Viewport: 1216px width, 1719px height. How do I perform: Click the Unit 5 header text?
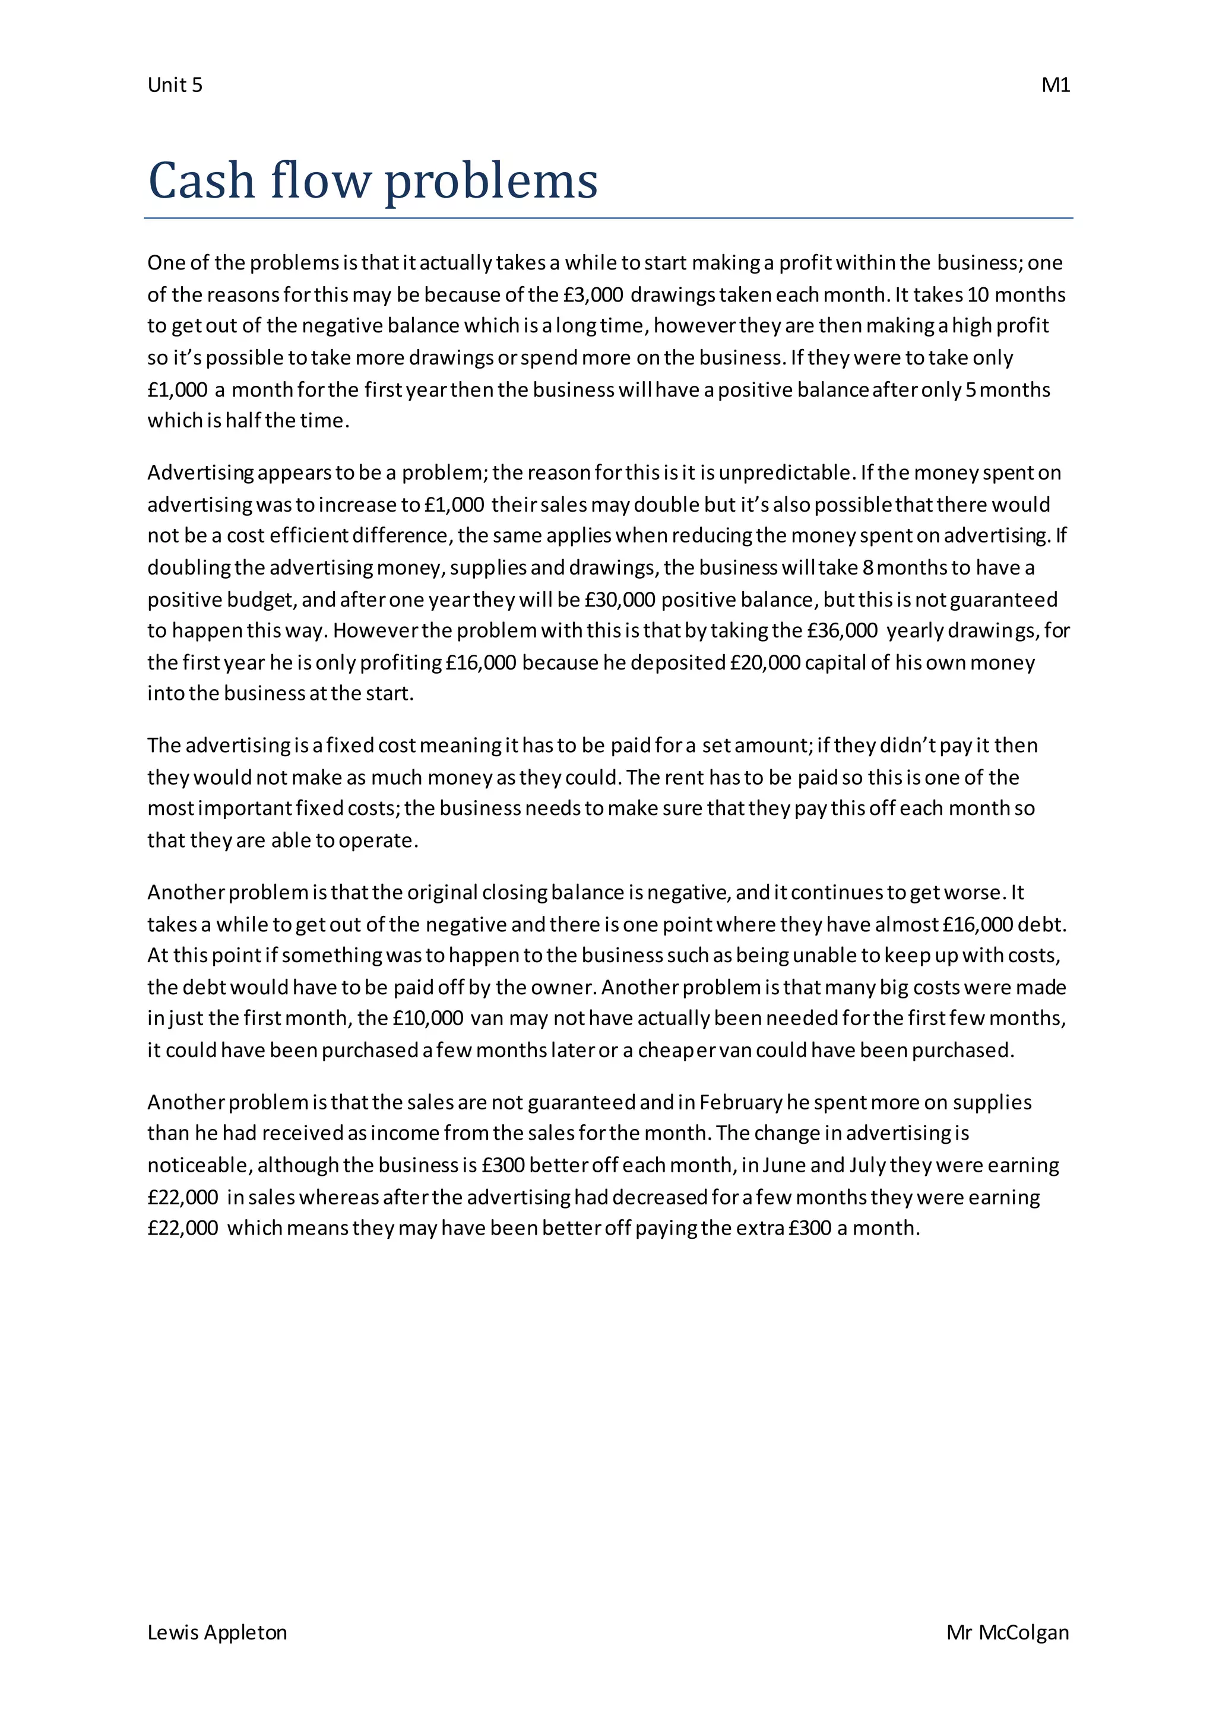[x=175, y=85]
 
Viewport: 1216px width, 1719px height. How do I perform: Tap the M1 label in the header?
[x=1055, y=85]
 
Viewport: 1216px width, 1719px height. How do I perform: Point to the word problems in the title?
[x=491, y=182]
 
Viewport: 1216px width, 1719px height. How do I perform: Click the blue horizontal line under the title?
[x=608, y=218]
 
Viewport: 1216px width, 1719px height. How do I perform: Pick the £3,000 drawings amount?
[x=593, y=295]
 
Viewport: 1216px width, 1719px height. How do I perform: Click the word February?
[x=740, y=1103]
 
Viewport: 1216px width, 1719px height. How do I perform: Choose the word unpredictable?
[x=786, y=473]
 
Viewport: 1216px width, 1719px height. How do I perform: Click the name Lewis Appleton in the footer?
[x=217, y=1633]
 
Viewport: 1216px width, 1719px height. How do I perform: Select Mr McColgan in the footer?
[x=1007, y=1633]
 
